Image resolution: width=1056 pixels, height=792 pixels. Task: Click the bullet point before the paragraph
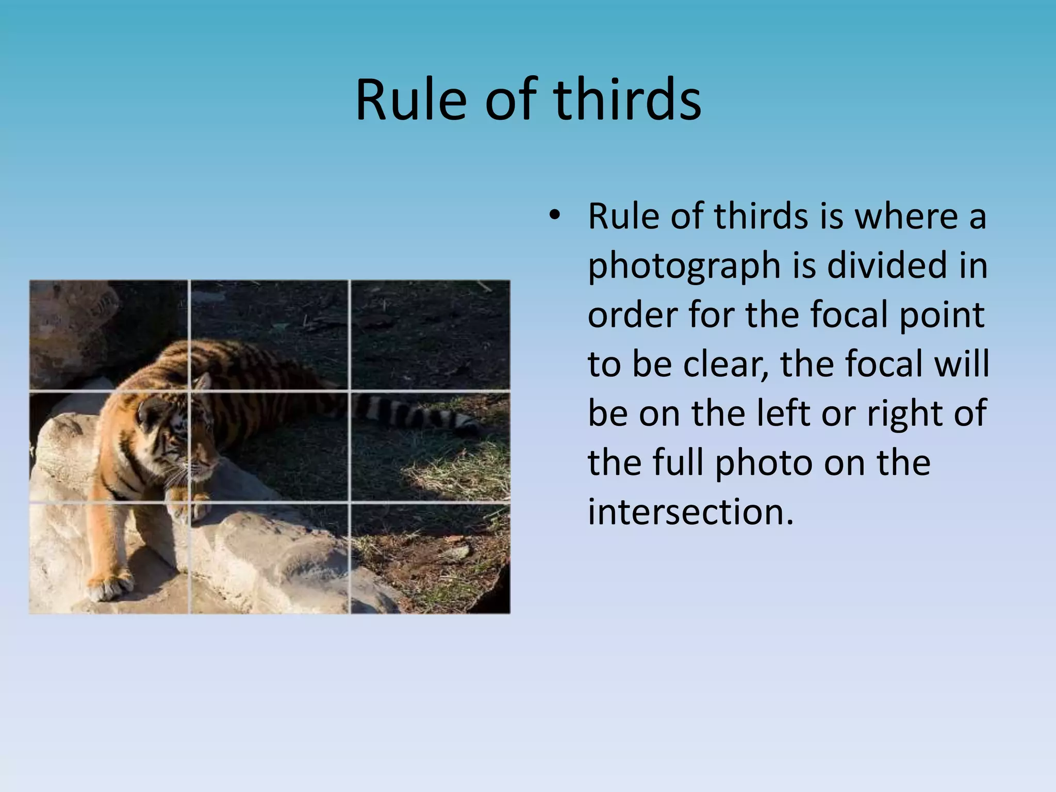(x=554, y=216)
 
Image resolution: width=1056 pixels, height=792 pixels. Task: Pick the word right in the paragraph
(x=909, y=414)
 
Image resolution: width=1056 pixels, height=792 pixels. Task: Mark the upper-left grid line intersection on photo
(x=189, y=391)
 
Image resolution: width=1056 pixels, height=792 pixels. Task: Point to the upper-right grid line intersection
(x=350, y=391)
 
